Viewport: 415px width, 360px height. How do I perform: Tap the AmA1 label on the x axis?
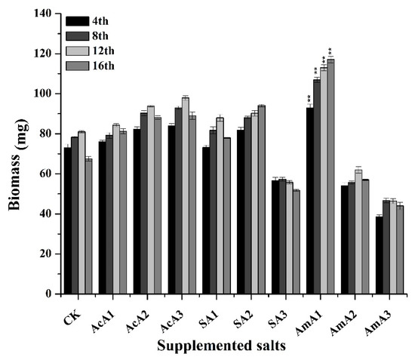[x=318, y=311]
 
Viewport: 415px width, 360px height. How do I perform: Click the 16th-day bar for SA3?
[x=296, y=242]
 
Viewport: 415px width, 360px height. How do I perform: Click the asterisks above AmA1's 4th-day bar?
[x=309, y=99]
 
